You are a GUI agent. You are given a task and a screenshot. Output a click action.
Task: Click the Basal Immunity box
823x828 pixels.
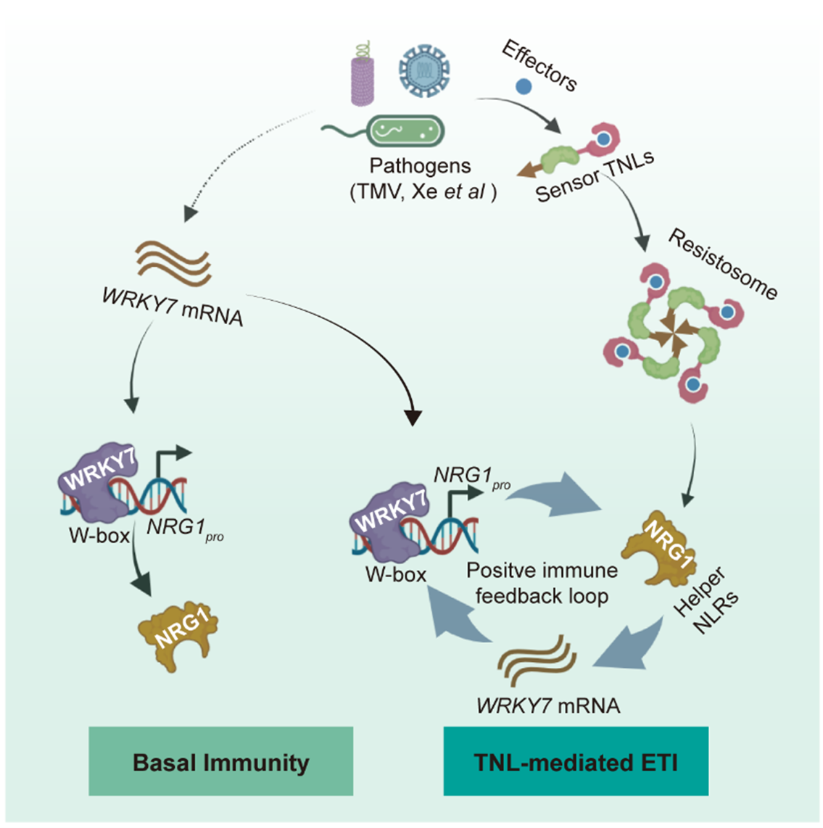coord(220,762)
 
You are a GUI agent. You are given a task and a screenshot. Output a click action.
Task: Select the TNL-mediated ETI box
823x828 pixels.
coord(576,762)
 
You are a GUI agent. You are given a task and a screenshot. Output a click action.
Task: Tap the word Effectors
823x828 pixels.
coord(539,65)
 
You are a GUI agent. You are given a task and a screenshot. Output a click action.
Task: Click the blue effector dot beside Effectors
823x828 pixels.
coord(524,87)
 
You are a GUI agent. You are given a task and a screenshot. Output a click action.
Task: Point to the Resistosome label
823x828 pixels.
coord(722,264)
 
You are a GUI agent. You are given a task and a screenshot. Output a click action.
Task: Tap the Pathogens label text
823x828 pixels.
coord(421,166)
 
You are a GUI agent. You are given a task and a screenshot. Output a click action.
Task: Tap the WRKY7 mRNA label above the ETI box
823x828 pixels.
coord(548,705)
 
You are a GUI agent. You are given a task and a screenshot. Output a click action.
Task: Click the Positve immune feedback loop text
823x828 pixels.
coord(542,583)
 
